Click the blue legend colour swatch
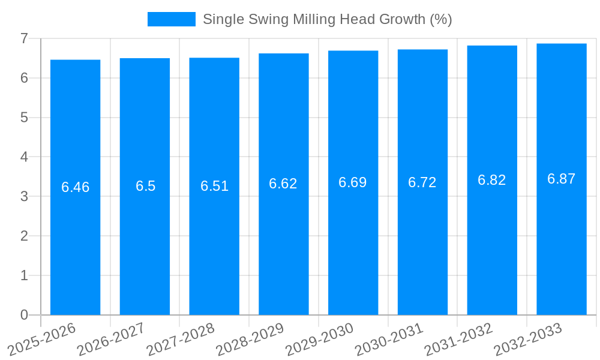tap(171, 19)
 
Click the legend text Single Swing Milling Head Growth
tap(327, 19)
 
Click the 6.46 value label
tap(75, 187)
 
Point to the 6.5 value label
tap(145, 186)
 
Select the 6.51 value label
tap(214, 186)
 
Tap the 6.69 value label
tap(353, 182)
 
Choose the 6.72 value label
tap(422, 182)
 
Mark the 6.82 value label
tap(492, 180)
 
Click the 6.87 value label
tap(562, 179)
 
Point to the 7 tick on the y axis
tap(24, 38)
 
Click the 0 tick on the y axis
tap(24, 315)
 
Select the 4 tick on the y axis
tap(24, 157)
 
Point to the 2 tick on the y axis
tap(24, 236)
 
